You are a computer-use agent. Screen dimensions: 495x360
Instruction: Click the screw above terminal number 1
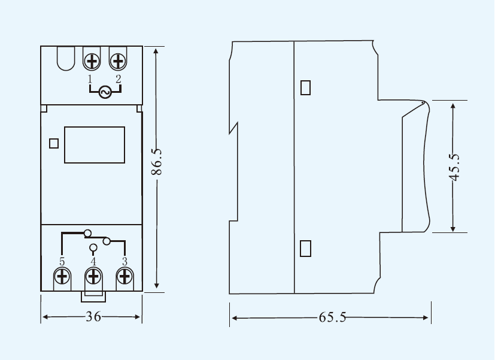click(x=92, y=61)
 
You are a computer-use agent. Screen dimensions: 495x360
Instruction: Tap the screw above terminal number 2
click(x=118, y=61)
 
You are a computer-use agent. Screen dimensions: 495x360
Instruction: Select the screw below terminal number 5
click(x=62, y=277)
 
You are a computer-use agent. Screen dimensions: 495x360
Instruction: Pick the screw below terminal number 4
click(x=93, y=277)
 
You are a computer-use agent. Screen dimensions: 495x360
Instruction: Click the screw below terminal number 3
click(x=124, y=277)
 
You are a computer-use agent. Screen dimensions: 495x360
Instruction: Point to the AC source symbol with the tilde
click(x=105, y=92)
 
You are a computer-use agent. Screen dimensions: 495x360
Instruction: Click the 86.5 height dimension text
click(x=157, y=162)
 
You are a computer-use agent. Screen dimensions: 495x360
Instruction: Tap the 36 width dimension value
click(x=93, y=317)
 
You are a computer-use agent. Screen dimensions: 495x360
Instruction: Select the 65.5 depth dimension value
click(x=332, y=317)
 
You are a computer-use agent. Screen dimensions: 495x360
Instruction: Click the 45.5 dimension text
click(x=454, y=167)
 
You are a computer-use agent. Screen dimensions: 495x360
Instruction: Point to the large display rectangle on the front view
click(x=95, y=145)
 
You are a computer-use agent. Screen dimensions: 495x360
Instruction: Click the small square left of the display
click(x=54, y=143)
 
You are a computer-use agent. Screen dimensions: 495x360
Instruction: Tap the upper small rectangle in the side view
click(x=305, y=87)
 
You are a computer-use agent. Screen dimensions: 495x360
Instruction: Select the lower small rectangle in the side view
click(x=305, y=248)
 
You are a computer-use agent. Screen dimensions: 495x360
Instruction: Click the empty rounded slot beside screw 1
click(x=66, y=59)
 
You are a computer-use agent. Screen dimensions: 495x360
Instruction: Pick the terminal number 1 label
click(x=90, y=79)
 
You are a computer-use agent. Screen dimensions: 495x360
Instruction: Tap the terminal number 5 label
click(x=62, y=262)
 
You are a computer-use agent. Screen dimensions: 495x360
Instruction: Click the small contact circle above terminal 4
click(x=93, y=247)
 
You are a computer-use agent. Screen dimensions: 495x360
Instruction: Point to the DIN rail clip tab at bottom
click(x=93, y=297)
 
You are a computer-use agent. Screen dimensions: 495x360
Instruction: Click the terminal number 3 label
click(x=124, y=262)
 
